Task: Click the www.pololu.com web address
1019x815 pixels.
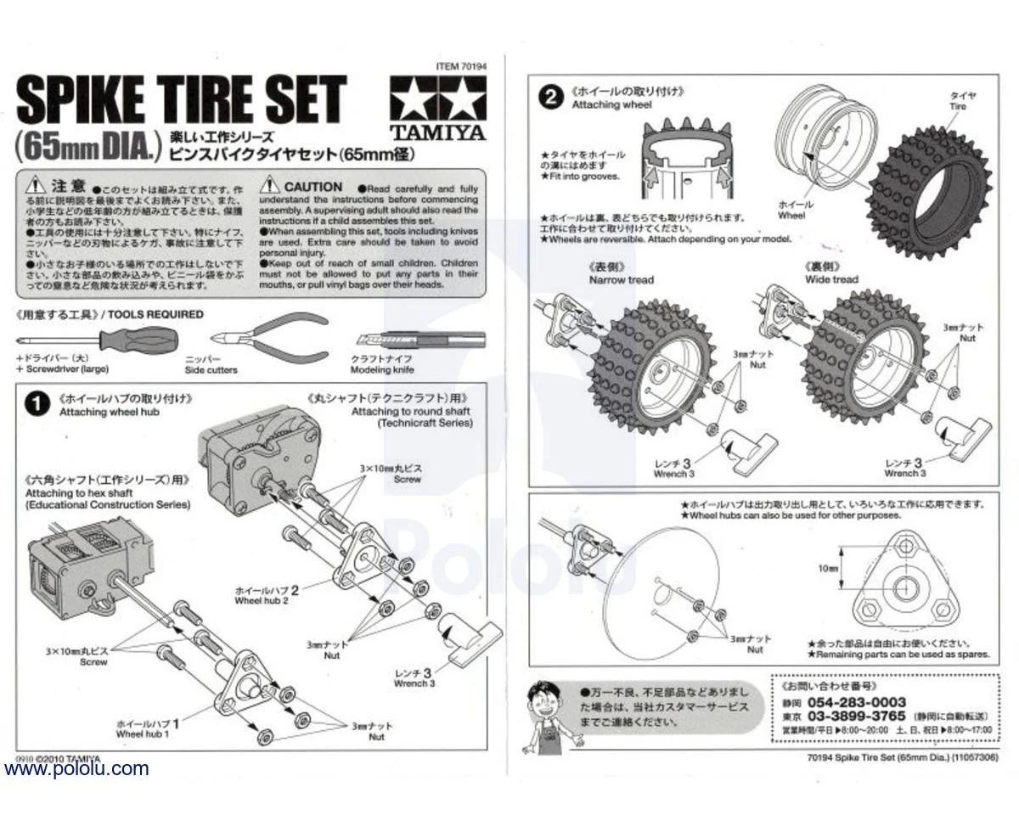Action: [76, 769]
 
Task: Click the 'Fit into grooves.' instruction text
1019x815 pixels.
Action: [586, 177]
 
